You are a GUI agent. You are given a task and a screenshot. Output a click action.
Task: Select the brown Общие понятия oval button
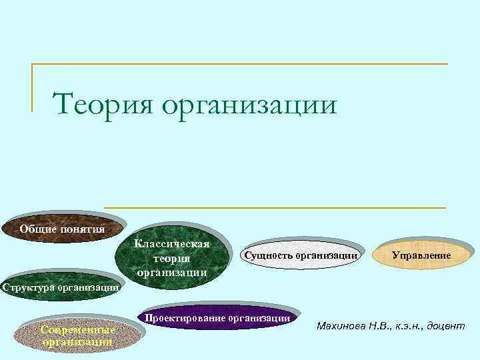tap(62, 230)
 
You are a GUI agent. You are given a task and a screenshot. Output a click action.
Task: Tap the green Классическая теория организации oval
tap(172, 257)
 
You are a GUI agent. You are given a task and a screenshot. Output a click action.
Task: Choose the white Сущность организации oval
tap(301, 255)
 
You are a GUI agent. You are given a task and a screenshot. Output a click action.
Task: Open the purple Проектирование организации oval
tap(217, 319)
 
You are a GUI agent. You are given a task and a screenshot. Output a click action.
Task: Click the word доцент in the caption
tap(440, 326)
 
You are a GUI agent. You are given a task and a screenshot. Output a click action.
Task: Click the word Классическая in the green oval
tap(172, 244)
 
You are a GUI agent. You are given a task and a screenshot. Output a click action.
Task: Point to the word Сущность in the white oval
tap(269, 255)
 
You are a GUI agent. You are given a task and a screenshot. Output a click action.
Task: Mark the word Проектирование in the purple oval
tap(185, 318)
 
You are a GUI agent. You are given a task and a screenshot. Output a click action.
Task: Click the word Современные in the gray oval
tap(78, 330)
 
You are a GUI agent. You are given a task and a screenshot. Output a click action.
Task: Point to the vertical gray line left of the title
tap(32, 87)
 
